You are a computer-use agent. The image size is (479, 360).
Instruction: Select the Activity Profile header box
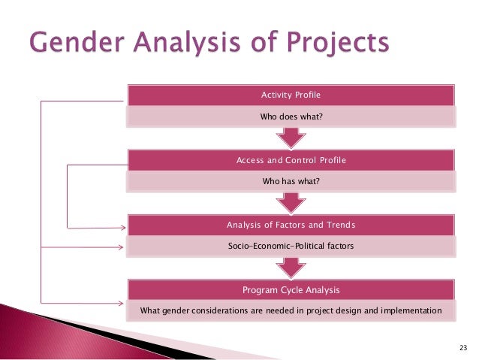[291, 95]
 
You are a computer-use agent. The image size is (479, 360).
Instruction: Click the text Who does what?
[291, 116]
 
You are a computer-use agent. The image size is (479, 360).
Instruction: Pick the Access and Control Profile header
[291, 160]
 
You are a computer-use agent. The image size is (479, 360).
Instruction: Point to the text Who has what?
[291, 181]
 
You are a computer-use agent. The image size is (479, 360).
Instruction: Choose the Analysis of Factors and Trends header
[291, 225]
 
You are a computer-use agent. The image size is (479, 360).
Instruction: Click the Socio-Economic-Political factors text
[291, 246]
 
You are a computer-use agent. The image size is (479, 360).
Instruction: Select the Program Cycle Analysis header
[291, 290]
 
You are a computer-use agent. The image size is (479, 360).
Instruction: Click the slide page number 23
[462, 347]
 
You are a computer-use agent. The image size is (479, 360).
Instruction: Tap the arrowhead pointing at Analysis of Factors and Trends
[122, 225]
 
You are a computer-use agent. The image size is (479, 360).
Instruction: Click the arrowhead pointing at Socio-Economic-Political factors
[122, 246]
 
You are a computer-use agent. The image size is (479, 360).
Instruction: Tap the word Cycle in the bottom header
[291, 290]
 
